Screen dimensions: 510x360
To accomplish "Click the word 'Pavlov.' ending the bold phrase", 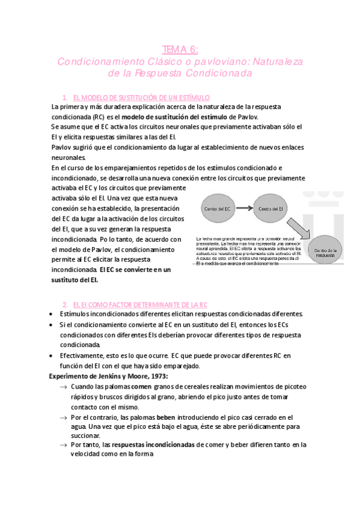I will [x=248, y=116].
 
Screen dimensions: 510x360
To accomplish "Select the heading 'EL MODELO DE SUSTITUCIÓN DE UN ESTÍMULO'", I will [x=141, y=97].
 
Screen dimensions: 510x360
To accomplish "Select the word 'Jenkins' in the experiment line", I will [x=95, y=376].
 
